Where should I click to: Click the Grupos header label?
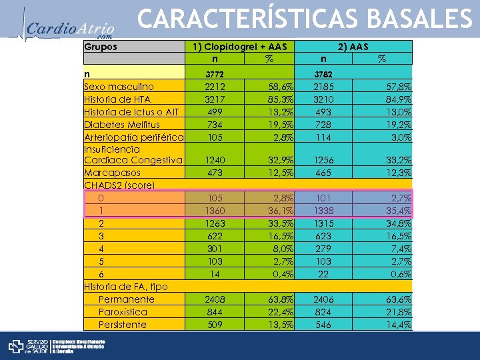pos(101,47)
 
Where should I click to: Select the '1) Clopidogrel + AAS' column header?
pos(239,47)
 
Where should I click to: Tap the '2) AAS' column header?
pos(353,47)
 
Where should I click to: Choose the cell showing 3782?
pos(323,73)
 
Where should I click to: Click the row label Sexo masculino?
pos(119,86)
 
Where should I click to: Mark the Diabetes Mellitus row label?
pos(122,124)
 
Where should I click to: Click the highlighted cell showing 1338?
pos(323,211)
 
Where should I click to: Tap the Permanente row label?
pos(126,299)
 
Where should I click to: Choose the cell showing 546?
pos(323,325)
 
